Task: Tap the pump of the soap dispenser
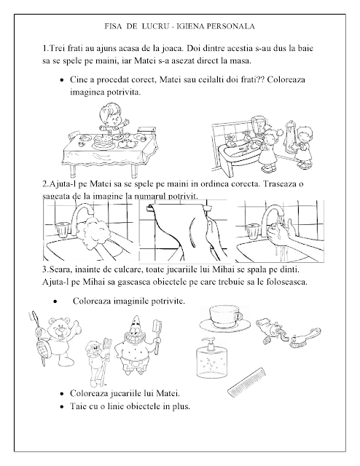pyautogui.click(x=209, y=344)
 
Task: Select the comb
pyautogui.click(x=246, y=382)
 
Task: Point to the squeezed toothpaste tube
pyautogui.click(x=271, y=329)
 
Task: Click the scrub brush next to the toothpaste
pyautogui.click(x=305, y=336)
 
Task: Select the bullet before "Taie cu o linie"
pyautogui.click(x=62, y=406)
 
